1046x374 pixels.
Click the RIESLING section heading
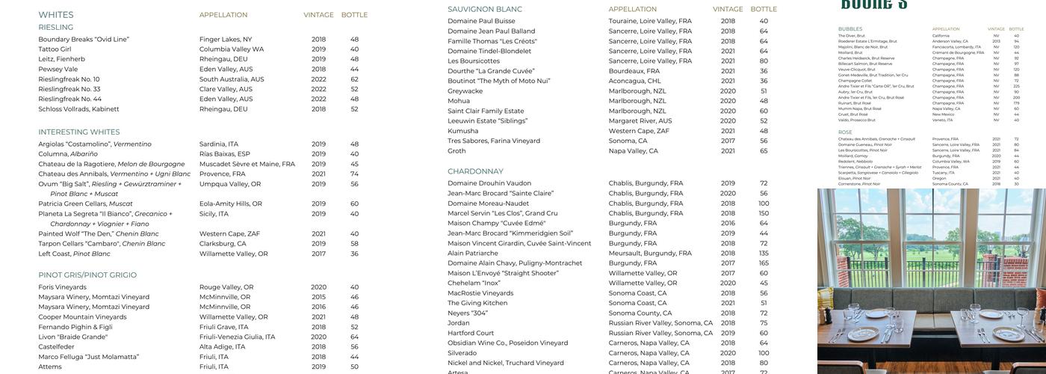tap(56, 28)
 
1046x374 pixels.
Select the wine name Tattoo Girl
tap(55, 49)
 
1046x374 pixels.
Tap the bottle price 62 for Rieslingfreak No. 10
tap(354, 79)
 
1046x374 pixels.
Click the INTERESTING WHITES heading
tap(79, 132)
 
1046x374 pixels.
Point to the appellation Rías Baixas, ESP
tap(224, 154)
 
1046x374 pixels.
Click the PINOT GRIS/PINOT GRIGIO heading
tap(87, 275)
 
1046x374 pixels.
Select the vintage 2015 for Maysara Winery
tap(319, 297)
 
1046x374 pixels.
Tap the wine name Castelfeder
tap(57, 347)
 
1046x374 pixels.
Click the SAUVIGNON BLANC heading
tap(485, 10)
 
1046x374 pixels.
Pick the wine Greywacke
tap(465, 91)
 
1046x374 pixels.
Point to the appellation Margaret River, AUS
tap(640, 121)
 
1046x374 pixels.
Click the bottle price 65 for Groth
tap(764, 151)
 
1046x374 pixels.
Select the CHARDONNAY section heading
tap(475, 172)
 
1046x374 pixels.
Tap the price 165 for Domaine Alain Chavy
tap(764, 263)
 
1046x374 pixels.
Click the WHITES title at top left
tap(56, 15)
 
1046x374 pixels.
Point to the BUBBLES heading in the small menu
tap(850, 29)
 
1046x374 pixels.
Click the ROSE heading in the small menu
tap(845, 132)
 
